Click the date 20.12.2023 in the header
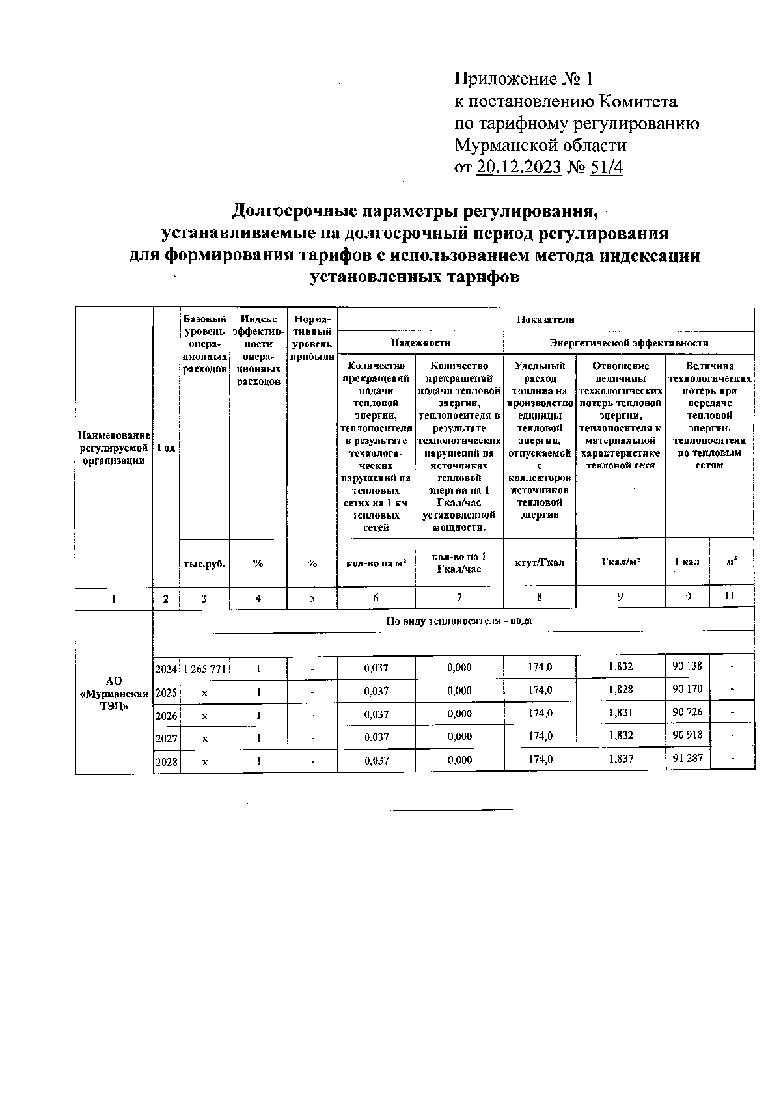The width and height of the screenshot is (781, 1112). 519,167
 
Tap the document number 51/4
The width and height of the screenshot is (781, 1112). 606,167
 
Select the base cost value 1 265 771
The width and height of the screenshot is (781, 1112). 204,668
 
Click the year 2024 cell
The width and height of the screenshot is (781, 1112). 167,668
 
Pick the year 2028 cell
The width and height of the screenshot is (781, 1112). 167,761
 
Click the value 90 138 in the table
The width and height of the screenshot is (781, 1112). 687,666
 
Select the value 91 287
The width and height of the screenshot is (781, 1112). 687,758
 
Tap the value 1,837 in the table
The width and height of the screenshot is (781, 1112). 620,759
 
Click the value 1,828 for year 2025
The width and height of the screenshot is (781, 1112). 620,690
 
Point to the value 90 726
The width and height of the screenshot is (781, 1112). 687,712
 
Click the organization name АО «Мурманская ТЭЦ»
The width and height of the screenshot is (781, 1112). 114,692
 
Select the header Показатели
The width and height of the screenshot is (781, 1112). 545,319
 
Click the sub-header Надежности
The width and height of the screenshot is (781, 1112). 420,342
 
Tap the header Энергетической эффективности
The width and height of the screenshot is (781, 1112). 629,342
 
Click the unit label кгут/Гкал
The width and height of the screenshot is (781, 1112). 540,562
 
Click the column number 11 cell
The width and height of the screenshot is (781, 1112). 731,596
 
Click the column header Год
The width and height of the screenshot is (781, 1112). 167,448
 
